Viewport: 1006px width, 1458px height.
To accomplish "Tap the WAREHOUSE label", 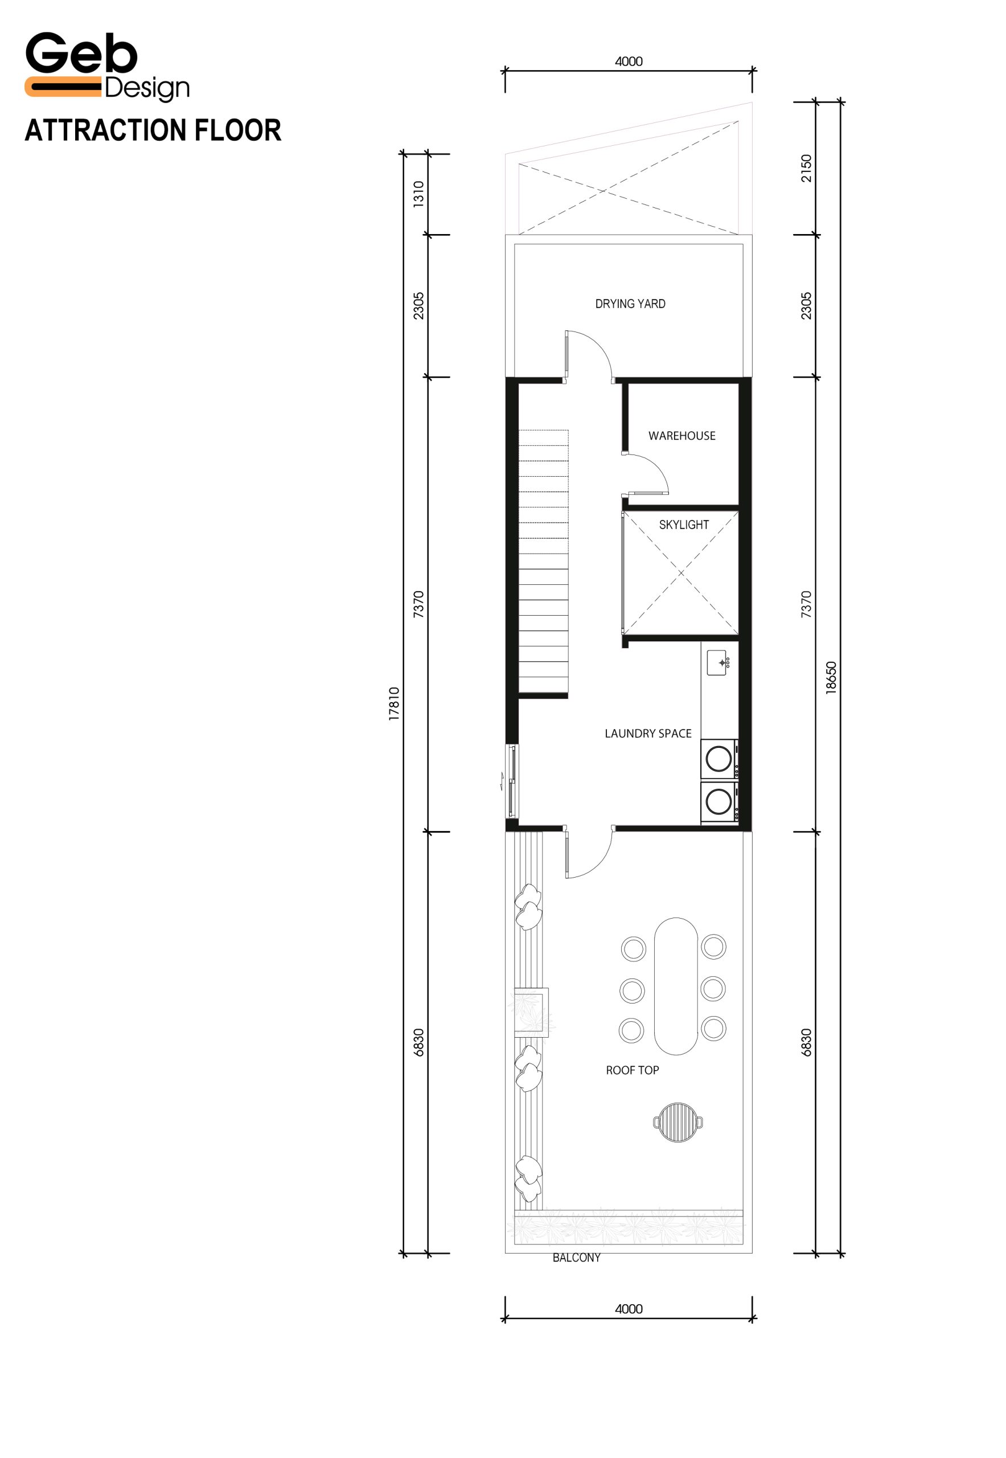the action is [681, 436].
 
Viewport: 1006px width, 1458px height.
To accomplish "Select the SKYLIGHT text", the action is [684, 525].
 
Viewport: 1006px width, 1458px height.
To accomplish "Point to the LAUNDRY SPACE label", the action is [648, 734].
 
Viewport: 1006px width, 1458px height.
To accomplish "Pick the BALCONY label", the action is [576, 1258].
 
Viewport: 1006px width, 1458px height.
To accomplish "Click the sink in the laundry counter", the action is [718, 663].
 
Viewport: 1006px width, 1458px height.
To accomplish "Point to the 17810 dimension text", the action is [394, 704].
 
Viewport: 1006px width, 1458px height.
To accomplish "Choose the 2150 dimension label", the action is [806, 169].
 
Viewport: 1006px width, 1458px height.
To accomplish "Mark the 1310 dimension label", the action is [418, 194].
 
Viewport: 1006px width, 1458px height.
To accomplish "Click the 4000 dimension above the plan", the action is [629, 62].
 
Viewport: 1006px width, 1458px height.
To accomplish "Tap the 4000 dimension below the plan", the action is [629, 1309].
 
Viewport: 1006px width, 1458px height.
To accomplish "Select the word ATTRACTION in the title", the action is [105, 130].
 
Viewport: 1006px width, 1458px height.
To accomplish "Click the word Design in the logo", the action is [147, 89].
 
